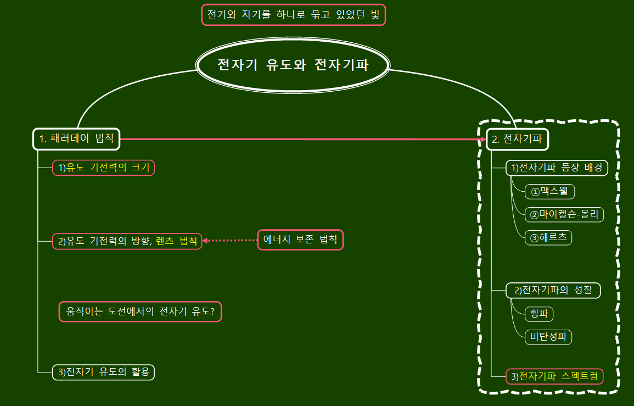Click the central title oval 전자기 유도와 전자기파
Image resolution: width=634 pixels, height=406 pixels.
pos(293,65)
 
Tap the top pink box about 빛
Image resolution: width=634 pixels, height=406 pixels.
pos(294,15)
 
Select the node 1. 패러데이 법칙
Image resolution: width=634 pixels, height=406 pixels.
pos(76,139)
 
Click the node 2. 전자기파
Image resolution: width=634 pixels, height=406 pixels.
pos(517,139)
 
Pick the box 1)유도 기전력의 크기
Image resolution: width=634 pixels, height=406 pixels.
pos(104,168)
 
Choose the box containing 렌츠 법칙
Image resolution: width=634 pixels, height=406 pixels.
pos(127,241)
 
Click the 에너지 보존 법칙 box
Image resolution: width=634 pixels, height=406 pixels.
pos(300,240)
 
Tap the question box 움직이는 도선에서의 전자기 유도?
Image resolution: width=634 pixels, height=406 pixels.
pos(140,312)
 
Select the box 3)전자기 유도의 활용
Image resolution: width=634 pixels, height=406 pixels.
pos(104,372)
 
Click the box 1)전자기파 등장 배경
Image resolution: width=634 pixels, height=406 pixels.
pos(557,168)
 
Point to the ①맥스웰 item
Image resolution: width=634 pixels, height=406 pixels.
pos(549,191)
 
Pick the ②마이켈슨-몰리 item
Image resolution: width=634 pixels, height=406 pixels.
pos(564,214)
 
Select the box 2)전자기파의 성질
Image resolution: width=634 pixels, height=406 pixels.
pos(553,290)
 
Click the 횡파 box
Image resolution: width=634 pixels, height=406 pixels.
pos(538,314)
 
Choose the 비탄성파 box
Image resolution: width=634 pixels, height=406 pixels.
pos(548,336)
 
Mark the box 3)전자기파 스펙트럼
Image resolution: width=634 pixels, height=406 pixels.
pos(554,376)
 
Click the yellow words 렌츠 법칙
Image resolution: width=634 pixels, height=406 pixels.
pos(176,241)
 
